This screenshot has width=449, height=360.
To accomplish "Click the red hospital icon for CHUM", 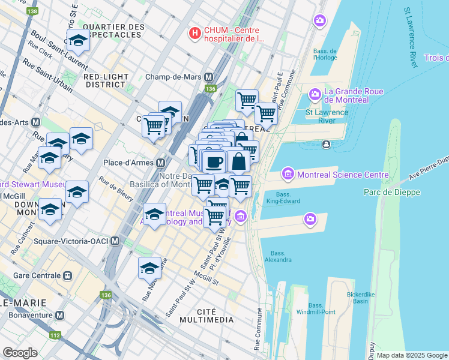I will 194,33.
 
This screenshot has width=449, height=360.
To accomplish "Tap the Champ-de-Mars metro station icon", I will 209,77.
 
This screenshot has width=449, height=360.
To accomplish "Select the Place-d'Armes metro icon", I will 161,163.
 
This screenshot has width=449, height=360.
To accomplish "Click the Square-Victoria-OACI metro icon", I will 115,241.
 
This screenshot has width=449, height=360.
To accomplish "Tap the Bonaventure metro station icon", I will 59,315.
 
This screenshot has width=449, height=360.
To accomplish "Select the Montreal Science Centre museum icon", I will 288,175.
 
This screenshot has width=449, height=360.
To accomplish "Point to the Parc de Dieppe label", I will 392,192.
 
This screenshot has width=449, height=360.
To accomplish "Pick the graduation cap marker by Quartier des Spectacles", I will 77,40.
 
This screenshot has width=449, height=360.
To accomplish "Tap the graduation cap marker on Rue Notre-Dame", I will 149,268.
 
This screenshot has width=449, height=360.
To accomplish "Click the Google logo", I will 20,352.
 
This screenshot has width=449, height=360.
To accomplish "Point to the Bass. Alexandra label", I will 278,256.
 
